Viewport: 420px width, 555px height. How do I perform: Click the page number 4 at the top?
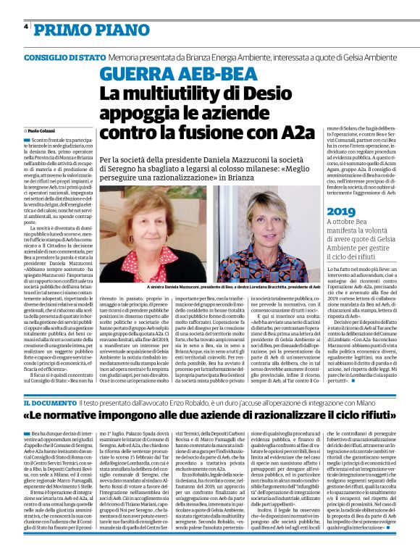pyautogui.click(x=26, y=27)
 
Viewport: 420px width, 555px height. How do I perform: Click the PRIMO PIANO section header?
pyautogui.click(x=82, y=28)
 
